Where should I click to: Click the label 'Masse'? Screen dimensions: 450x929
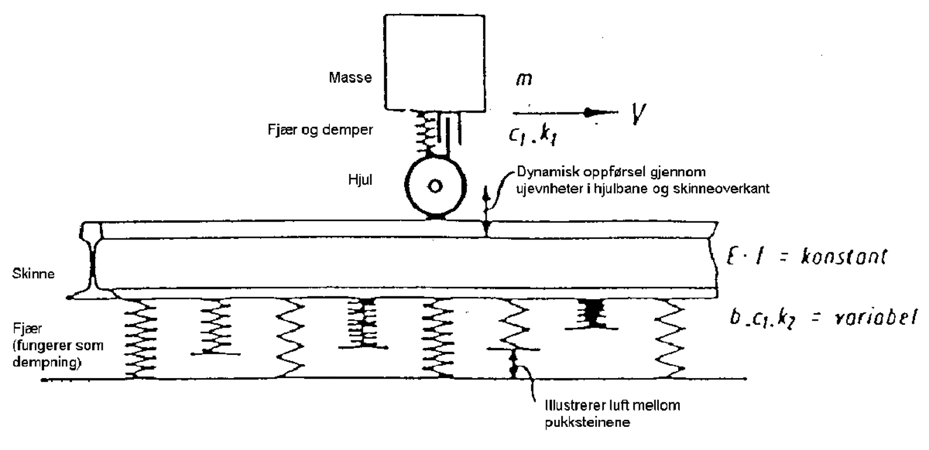tap(350, 77)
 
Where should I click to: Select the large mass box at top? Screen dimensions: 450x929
tap(435, 62)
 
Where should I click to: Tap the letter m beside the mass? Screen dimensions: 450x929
tap(524, 79)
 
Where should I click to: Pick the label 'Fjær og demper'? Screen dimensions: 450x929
tap(320, 130)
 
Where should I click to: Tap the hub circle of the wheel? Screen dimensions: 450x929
tap(435, 186)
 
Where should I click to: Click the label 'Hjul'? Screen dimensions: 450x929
tap(360, 180)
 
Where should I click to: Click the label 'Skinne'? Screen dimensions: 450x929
tap(33, 273)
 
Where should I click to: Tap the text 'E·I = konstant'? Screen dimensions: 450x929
tap(807, 256)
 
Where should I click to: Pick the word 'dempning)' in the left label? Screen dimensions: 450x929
tap(47, 363)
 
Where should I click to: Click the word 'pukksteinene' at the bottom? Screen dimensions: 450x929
tap(587, 422)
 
